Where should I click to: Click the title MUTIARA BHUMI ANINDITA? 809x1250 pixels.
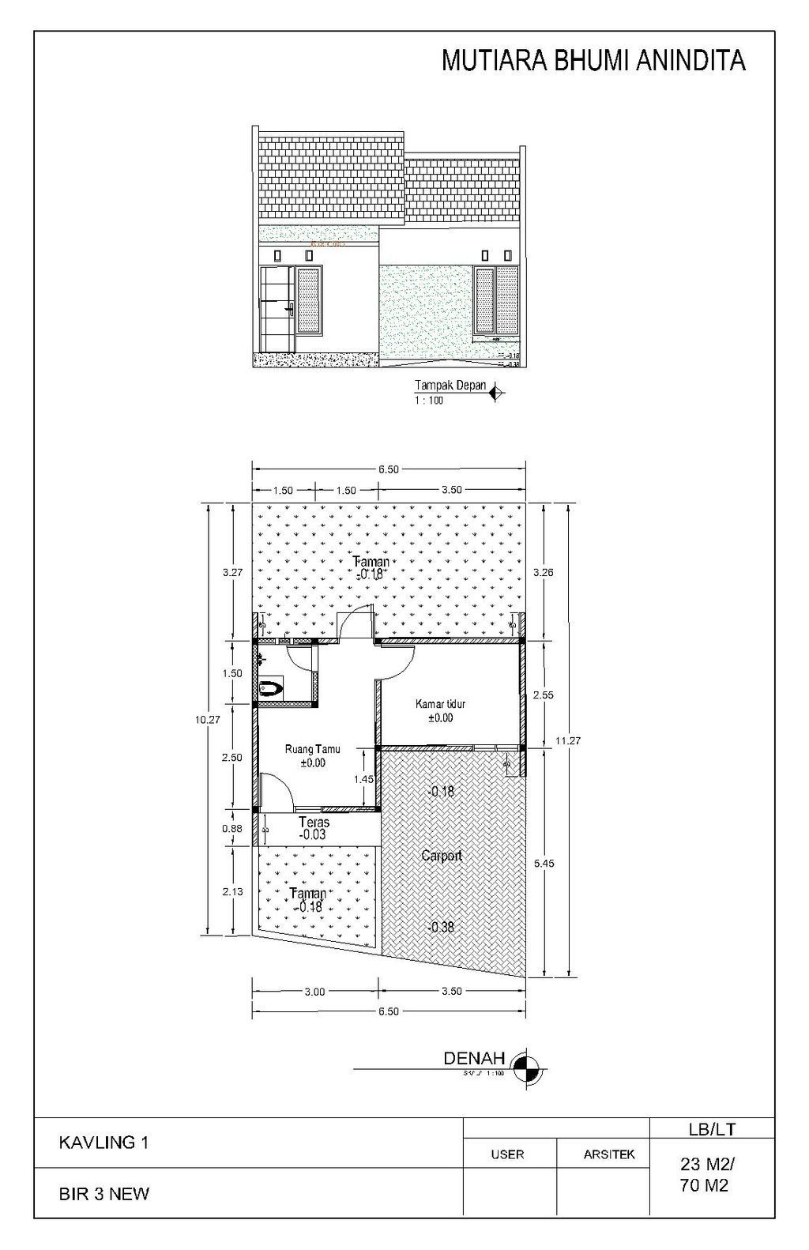tap(593, 61)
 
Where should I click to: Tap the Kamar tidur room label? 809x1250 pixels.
tap(440, 704)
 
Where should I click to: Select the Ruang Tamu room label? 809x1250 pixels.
tap(312, 749)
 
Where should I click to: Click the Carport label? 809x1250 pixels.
tap(441, 856)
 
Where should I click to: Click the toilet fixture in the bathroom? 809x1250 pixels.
tap(271, 688)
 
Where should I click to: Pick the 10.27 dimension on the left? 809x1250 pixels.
tap(207, 720)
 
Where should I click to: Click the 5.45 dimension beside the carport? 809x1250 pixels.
tap(544, 864)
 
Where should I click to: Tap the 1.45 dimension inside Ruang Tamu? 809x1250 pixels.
tap(363, 779)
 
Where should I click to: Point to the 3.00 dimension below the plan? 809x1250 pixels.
tap(314, 992)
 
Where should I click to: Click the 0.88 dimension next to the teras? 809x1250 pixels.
tap(231, 829)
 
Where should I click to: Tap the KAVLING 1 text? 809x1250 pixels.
tap(103, 1142)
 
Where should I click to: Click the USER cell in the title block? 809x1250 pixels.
tap(507, 1154)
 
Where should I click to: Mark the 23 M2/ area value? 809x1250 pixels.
tap(708, 1163)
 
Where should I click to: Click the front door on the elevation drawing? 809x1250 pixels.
tap(277, 310)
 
